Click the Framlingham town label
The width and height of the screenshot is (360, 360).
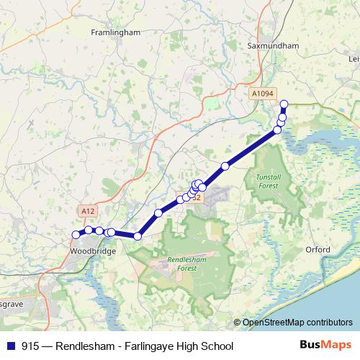coord(114,32)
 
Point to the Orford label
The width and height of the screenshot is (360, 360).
coord(317,250)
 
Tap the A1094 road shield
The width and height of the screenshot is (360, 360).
coord(263,94)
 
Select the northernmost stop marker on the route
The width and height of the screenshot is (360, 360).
coord(284,104)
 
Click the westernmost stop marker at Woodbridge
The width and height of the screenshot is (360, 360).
coord(76,234)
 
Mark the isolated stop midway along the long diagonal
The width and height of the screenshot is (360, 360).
coord(225,166)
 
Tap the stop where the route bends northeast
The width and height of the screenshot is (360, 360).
coord(138,236)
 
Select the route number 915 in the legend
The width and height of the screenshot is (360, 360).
coord(31,346)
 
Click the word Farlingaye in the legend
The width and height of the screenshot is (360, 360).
coord(150,346)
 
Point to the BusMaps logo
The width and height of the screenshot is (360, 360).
coord(330,345)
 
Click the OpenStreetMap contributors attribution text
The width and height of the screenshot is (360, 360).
coord(297,323)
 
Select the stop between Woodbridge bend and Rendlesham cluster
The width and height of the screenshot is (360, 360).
coord(158,212)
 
